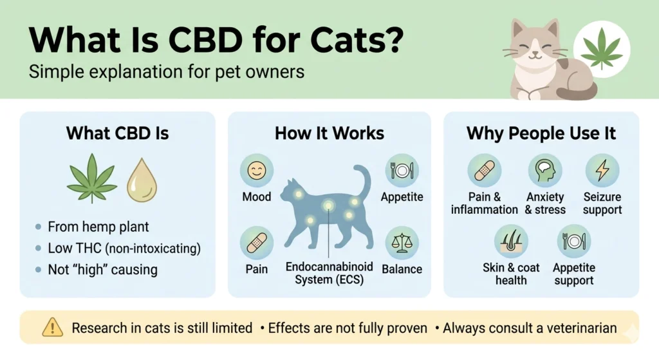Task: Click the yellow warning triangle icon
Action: [51, 328]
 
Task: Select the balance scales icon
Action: [402, 243]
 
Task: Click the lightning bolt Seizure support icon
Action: [602, 171]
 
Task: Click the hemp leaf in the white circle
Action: [601, 48]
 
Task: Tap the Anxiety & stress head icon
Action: [545, 171]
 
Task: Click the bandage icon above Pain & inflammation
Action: [485, 171]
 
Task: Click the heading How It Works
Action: [329, 133]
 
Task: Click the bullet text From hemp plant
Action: [98, 227]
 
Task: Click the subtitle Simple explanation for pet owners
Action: [166, 71]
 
